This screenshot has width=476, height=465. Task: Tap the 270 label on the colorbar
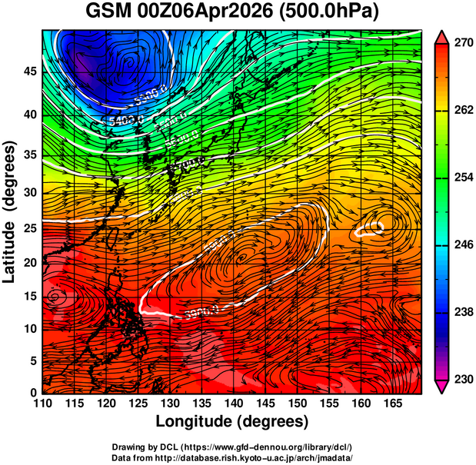click(462, 44)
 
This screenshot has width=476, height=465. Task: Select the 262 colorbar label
click(462, 111)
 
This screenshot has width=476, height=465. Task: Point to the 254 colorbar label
click(462, 178)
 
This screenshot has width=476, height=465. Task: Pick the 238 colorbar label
click(462, 312)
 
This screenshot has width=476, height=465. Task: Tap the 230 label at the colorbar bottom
click(462, 379)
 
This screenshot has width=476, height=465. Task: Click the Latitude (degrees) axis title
click(11, 211)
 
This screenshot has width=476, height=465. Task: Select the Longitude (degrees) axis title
click(232, 421)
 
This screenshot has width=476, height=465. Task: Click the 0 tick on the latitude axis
click(33, 393)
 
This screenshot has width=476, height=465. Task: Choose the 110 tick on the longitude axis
click(42, 403)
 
